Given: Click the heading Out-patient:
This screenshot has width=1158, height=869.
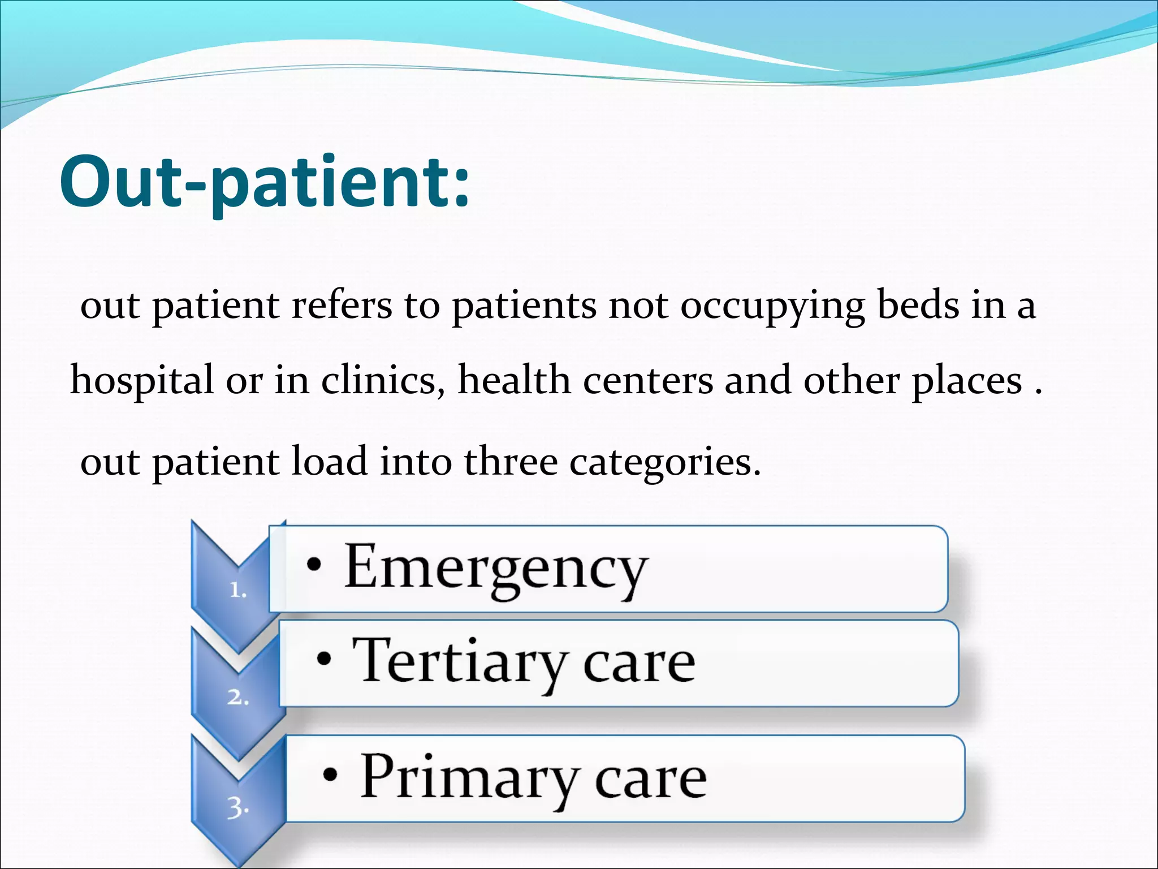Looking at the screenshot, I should pyautogui.click(x=265, y=184).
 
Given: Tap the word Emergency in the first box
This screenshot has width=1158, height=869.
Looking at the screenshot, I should pyautogui.click(x=495, y=569).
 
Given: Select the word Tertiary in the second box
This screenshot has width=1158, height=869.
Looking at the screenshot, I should pyautogui.click(x=459, y=662).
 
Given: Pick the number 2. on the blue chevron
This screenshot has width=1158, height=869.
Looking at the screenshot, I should pyautogui.click(x=238, y=698).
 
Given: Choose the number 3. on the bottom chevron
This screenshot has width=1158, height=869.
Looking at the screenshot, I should pyautogui.click(x=238, y=808).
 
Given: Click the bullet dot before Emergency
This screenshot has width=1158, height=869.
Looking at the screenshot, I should pyautogui.click(x=314, y=564).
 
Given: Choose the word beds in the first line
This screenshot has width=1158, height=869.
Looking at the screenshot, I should pyautogui.click(x=918, y=306).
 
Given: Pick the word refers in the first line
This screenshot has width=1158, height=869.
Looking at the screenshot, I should pyautogui.click(x=342, y=306).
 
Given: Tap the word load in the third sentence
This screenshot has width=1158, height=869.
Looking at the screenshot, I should pyautogui.click(x=329, y=462).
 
